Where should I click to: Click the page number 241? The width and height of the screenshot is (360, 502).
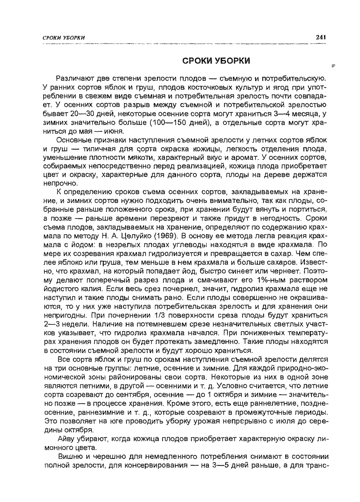coord(320,37)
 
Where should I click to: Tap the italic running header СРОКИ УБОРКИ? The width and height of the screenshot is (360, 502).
coord(64,37)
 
